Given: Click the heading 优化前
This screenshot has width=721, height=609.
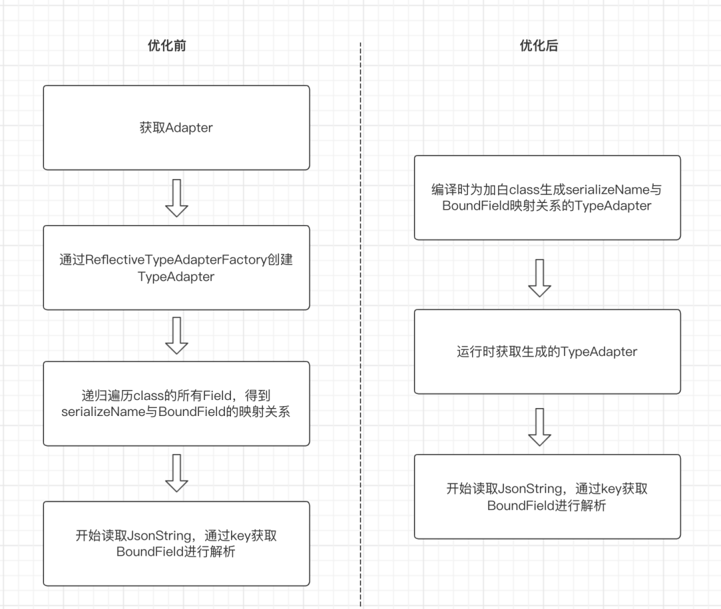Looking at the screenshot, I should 167,46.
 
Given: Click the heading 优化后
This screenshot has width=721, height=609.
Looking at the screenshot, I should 539,46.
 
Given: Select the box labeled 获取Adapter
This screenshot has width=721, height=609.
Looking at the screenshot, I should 176,128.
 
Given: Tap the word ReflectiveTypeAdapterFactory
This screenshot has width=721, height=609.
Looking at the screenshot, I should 173,260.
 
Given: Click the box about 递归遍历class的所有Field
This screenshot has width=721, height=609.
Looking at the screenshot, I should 176,403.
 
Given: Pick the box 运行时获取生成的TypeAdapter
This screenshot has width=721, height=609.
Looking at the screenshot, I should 547,351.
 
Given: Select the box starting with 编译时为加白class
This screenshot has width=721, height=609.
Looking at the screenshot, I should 547,198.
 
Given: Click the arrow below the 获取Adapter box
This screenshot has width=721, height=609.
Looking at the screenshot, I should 176,198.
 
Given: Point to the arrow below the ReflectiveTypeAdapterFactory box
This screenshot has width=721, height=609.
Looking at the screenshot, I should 176,335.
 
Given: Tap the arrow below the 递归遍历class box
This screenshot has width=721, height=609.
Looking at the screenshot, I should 176,473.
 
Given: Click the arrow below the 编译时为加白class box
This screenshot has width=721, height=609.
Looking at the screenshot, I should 539,278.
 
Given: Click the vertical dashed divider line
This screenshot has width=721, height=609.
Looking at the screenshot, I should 360,321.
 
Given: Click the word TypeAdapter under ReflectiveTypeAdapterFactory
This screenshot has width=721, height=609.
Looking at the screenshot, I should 176,276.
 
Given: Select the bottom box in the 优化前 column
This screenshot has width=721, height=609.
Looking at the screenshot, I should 176,544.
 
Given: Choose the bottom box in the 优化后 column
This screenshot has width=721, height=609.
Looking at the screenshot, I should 547,497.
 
